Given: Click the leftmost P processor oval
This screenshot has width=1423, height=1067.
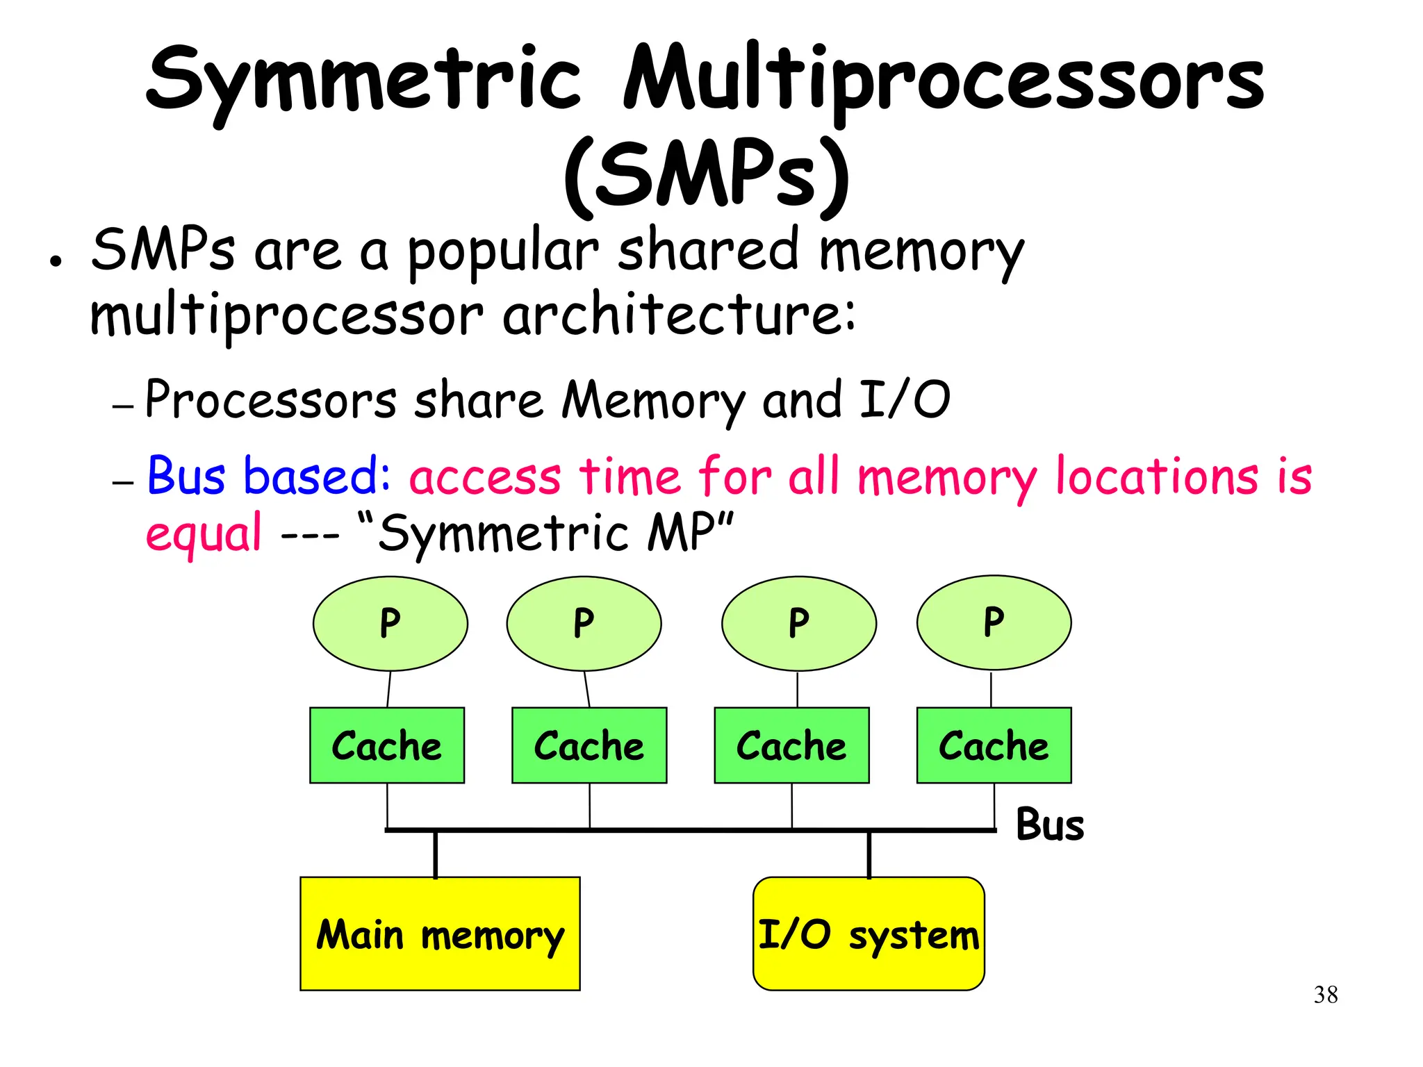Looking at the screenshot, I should coord(390,623).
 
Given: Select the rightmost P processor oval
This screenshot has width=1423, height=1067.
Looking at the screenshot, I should coord(994,622).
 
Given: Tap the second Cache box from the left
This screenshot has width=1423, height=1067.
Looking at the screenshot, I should coord(589,745).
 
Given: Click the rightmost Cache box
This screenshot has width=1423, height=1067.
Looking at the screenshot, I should coord(994,745).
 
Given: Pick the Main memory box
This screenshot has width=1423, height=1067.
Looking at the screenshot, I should coord(440,934).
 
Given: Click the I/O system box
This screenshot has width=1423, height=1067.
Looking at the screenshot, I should coord(869,934).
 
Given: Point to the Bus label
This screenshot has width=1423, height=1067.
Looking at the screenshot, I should coord(1049,825).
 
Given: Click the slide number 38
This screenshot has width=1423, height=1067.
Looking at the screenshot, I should coord(1325,995).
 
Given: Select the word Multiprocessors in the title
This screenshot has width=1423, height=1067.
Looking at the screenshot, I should coord(943,80).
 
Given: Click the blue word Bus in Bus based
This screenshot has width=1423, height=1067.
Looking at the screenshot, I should coord(186,477).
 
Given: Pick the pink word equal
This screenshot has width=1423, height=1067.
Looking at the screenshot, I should coord(204,533).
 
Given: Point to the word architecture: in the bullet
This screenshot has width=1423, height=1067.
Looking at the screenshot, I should coord(679,315).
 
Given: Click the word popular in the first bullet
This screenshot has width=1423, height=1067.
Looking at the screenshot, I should coord(502,251).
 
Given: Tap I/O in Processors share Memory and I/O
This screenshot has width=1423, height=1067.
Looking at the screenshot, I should coord(904,400).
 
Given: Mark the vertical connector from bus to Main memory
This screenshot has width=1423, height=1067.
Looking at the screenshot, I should coord(436,854).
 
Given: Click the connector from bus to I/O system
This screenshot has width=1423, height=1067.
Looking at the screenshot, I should coord(869,854).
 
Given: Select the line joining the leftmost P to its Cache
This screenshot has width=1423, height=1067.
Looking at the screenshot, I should coord(388,689).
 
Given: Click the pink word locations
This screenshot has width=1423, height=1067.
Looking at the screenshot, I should coord(1156,477).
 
